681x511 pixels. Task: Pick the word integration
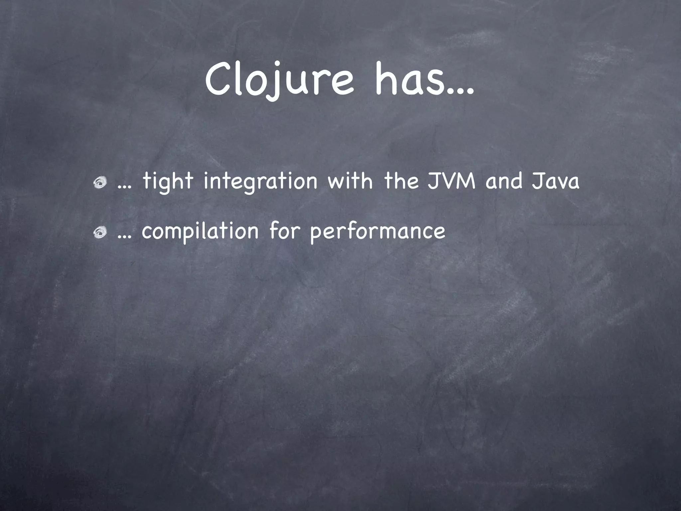(x=260, y=182)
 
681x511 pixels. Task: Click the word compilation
(x=200, y=232)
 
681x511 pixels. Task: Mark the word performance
(x=377, y=232)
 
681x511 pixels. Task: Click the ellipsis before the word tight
(x=124, y=188)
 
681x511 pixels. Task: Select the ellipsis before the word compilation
(x=124, y=238)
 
